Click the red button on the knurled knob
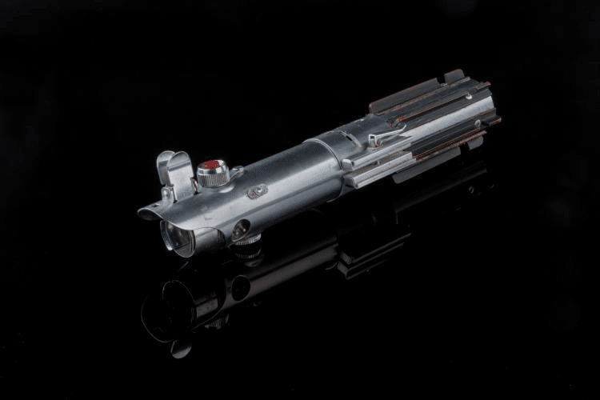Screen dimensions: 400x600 [211, 166]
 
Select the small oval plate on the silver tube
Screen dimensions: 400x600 [257, 192]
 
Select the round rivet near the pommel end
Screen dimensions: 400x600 [478, 124]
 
